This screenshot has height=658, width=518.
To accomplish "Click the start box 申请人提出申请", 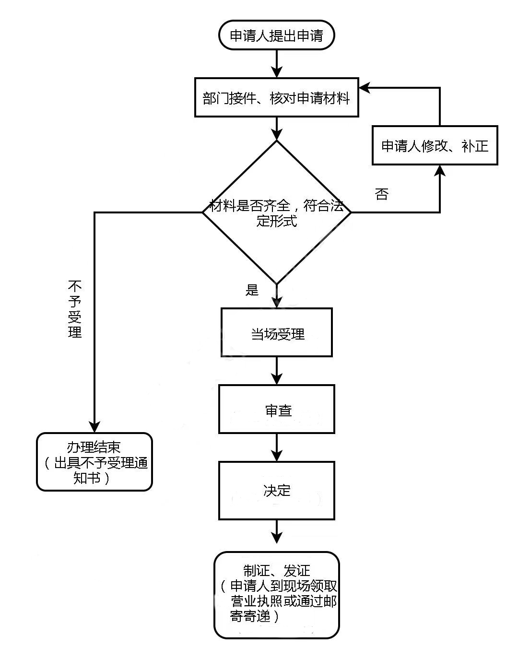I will click(x=276, y=35).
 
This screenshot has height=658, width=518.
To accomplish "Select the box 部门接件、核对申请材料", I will click(x=276, y=98).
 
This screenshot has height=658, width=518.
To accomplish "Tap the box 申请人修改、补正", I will click(x=435, y=145).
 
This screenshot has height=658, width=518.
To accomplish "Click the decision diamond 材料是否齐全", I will click(x=276, y=212).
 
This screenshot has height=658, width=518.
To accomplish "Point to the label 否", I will click(x=382, y=194).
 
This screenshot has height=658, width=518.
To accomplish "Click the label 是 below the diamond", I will click(x=252, y=290).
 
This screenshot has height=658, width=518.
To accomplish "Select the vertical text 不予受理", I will click(x=75, y=309).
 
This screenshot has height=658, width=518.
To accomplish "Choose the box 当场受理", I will click(x=277, y=333).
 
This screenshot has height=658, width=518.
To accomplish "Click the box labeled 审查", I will click(x=277, y=410).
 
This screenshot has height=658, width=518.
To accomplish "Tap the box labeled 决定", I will click(x=277, y=490).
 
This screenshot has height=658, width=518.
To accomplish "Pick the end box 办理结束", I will click(x=94, y=462).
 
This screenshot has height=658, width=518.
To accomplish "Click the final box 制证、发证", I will click(x=277, y=595).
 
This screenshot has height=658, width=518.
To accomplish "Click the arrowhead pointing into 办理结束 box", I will click(x=94, y=426).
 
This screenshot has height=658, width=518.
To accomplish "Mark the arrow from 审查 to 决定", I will click(x=277, y=448).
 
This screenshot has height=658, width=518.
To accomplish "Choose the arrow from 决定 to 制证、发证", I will click(x=277, y=532).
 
